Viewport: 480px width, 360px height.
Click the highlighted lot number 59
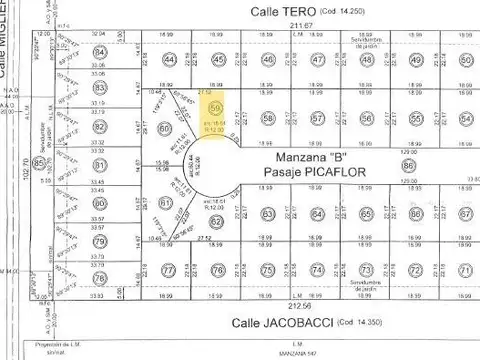click(216, 105)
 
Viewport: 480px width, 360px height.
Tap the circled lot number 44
click(170, 60)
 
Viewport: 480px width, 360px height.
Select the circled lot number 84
click(100, 68)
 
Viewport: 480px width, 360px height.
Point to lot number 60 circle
click(166, 128)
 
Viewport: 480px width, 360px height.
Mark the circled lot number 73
click(366, 271)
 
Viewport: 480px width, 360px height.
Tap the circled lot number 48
click(365, 60)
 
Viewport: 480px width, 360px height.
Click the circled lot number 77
click(169, 271)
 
